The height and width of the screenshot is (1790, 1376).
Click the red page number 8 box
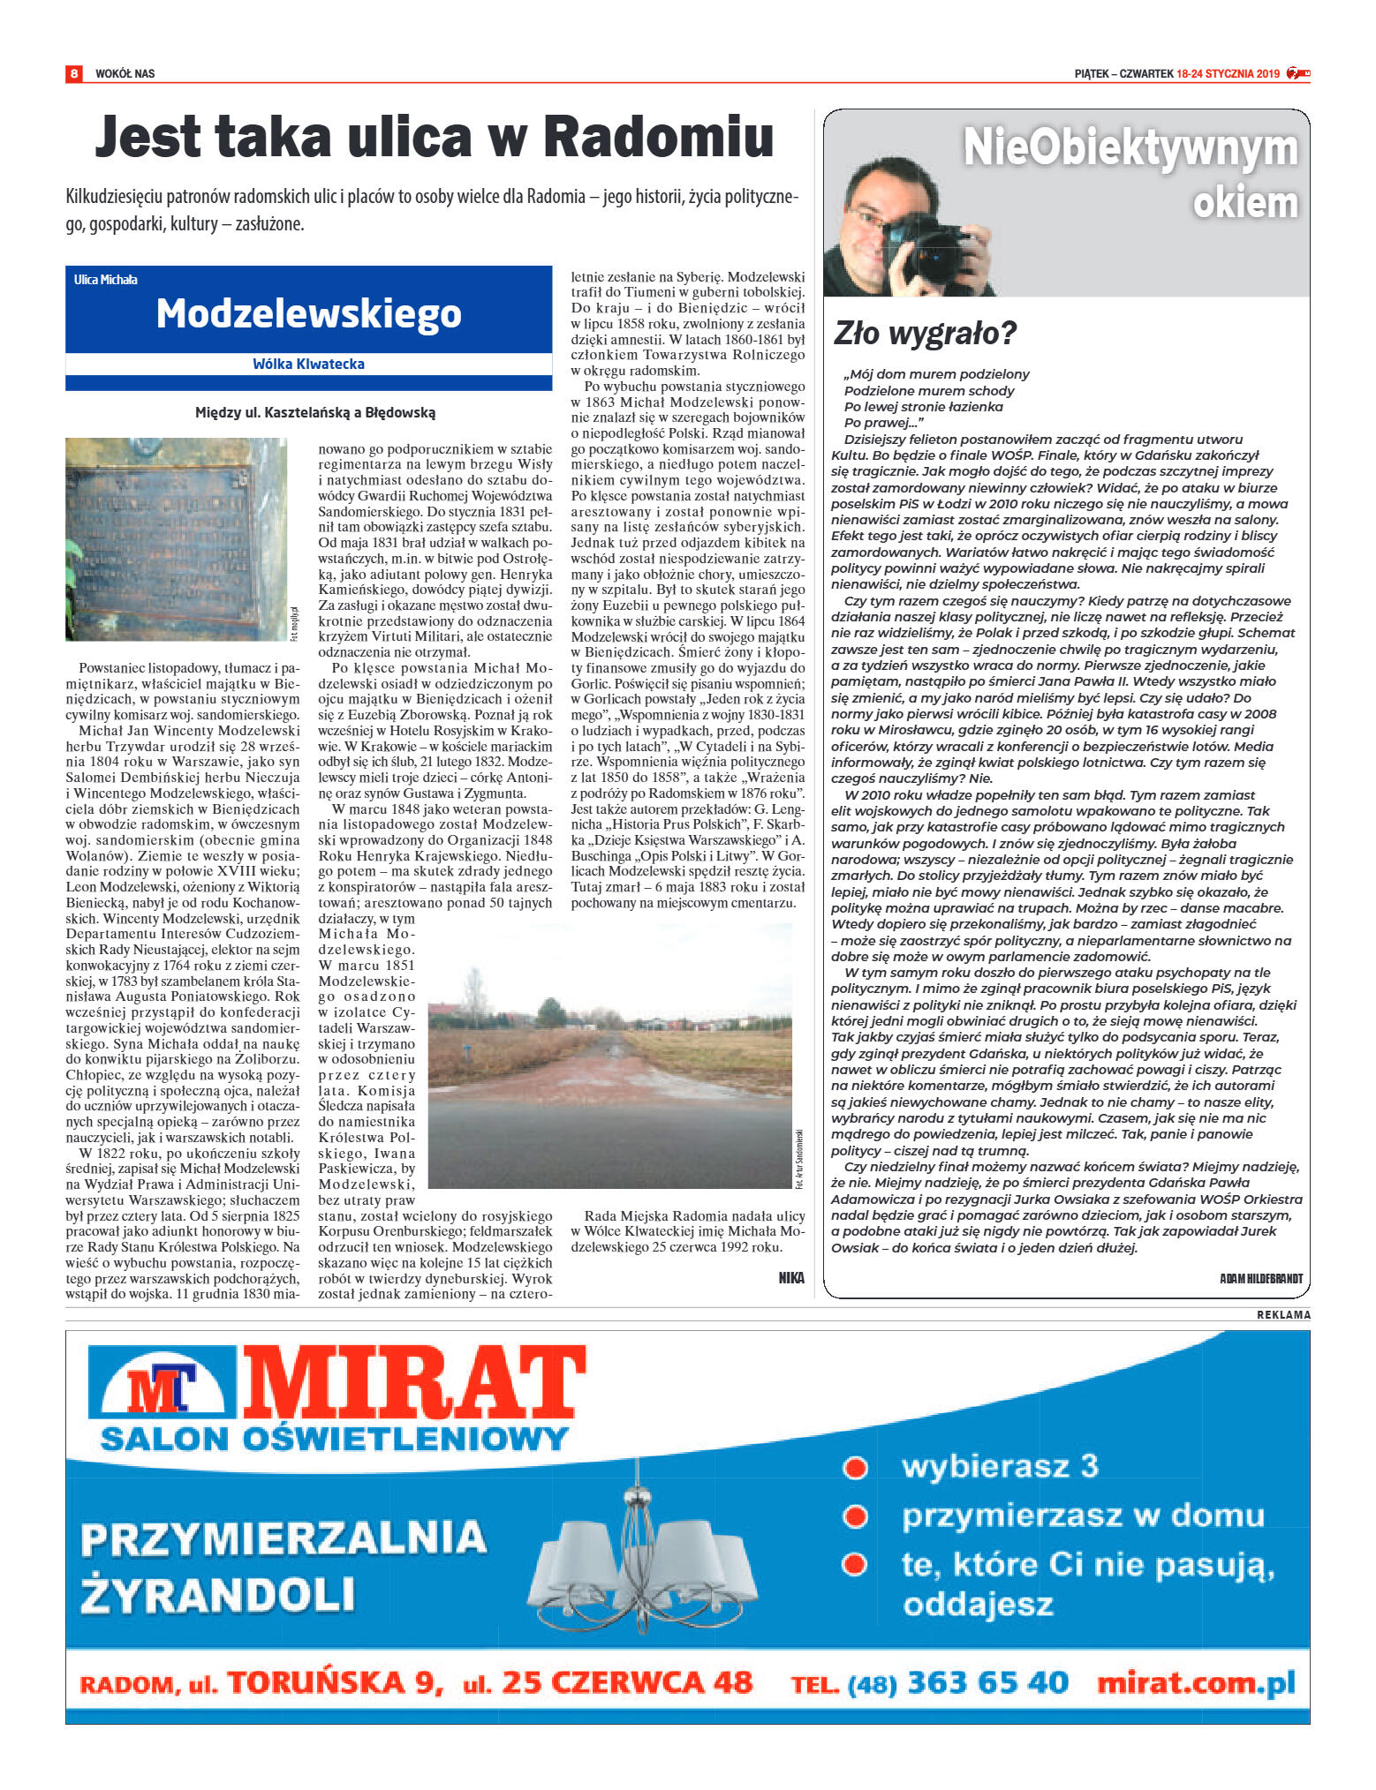coord(74,73)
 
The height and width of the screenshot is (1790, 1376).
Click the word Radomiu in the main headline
coord(658,138)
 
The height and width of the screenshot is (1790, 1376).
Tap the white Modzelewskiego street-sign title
coord(308,313)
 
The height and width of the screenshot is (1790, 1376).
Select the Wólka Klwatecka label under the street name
coord(308,364)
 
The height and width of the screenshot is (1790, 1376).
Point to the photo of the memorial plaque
coord(176,538)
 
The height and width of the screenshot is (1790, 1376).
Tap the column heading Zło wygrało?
coord(925,333)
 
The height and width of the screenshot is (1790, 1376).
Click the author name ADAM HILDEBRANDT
coord(1260,1278)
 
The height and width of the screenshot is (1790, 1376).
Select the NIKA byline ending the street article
coord(791,1277)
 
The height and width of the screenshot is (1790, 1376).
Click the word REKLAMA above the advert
coord(1283,1315)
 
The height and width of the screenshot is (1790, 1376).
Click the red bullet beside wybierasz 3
coord(854,1467)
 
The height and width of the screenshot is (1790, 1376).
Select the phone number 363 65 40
coord(987,1682)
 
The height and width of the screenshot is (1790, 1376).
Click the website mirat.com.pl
coord(1195,1682)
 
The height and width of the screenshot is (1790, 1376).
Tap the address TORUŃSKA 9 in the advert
coord(336,1682)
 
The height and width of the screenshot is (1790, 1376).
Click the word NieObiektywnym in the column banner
coord(1130,147)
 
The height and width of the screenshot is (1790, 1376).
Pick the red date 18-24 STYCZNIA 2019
coord(1228,73)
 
